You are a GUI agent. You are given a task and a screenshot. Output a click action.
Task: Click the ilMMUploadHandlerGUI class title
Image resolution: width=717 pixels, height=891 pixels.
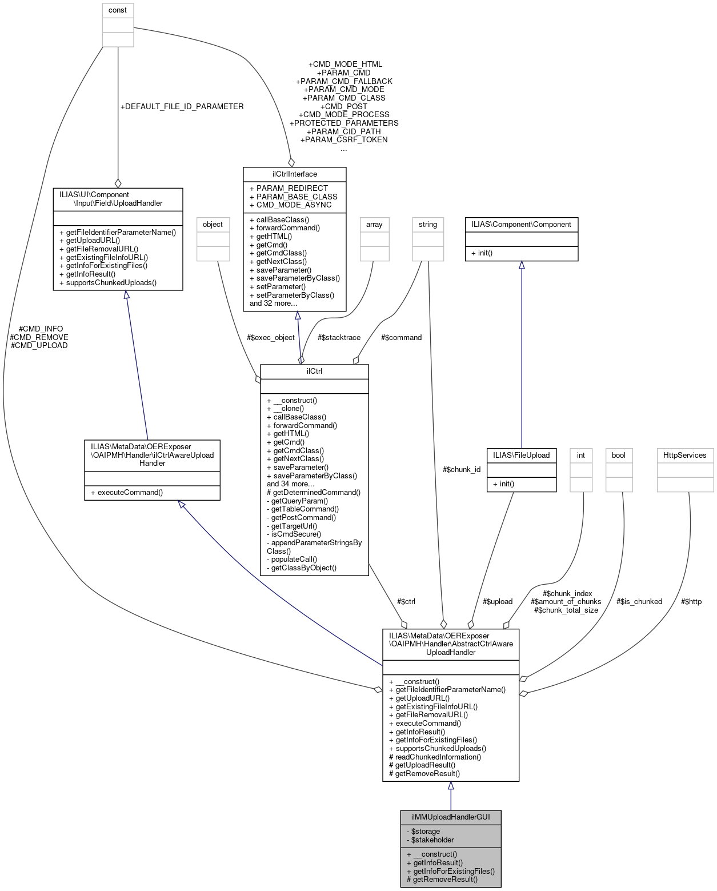tap(450, 817)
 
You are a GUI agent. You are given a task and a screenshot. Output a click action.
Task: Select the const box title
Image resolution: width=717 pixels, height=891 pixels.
tap(118, 10)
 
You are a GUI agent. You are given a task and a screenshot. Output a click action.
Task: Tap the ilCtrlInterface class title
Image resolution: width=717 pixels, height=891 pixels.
tap(294, 174)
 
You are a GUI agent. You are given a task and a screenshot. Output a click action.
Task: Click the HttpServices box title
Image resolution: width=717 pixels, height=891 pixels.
tap(685, 455)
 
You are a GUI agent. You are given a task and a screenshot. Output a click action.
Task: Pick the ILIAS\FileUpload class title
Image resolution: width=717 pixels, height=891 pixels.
tap(521, 455)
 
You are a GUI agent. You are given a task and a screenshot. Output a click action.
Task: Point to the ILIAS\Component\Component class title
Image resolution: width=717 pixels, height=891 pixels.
tap(521, 225)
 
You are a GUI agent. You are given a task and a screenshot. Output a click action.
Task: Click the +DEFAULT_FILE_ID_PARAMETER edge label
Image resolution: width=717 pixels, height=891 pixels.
tap(182, 106)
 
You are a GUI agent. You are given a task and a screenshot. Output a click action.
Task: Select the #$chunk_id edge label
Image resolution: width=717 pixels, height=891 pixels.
tap(462, 469)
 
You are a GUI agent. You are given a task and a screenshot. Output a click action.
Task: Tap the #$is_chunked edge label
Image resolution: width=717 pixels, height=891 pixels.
tap(639, 601)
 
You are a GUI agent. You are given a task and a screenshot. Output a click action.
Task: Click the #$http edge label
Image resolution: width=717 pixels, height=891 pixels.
tap(691, 601)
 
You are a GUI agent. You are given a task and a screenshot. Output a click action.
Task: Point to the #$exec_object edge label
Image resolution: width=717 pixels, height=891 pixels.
tap(270, 337)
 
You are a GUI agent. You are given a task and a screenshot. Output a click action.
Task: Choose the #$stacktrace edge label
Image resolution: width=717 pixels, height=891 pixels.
tap(339, 337)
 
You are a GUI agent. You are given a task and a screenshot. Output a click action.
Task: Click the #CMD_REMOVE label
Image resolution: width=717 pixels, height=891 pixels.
tap(39, 337)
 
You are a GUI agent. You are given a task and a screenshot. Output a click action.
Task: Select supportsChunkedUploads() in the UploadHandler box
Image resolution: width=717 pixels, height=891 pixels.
tap(108, 282)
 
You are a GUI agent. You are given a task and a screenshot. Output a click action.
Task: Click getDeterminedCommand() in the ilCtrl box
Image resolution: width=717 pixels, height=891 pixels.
tap(314, 492)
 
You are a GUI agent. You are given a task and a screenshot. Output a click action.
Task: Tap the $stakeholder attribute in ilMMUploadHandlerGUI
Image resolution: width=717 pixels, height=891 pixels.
tap(432, 840)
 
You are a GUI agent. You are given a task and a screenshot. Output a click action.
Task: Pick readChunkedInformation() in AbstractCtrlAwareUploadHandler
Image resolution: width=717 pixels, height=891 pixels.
tap(435, 757)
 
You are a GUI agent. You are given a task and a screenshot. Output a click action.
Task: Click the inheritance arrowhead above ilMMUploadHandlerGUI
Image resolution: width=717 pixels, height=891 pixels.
tap(451, 786)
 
